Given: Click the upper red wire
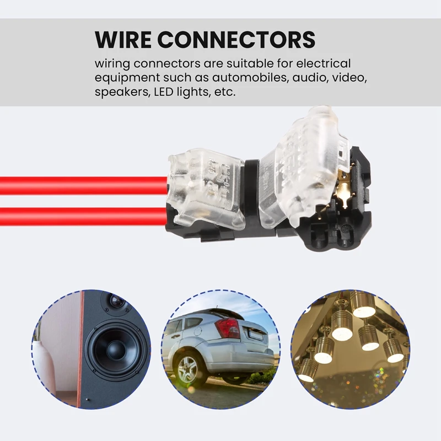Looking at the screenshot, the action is (x=83, y=185).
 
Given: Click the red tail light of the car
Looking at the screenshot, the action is (x=227, y=329).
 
